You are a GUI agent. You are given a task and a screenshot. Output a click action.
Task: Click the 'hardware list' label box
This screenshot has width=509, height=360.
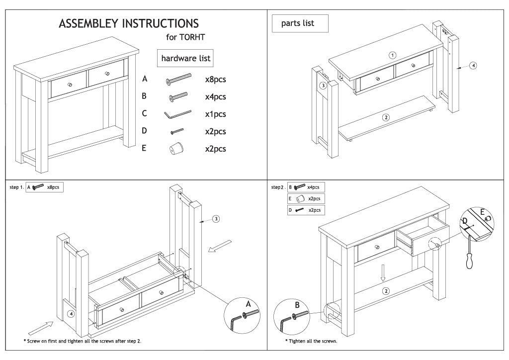click(185, 58)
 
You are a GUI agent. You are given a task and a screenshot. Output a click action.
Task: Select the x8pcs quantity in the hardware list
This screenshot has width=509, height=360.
click(215, 79)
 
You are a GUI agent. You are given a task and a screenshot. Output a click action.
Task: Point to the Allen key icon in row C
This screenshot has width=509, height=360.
click(177, 114)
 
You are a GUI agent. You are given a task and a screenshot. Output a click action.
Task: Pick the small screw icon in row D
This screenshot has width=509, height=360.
click(177, 131)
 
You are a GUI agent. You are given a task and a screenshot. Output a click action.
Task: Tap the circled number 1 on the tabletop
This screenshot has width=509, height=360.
click(392, 55)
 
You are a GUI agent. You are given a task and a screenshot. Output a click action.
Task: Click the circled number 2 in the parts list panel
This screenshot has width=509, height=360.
click(385, 118)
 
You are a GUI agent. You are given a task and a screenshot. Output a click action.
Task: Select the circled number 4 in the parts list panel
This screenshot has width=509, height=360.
click(473, 66)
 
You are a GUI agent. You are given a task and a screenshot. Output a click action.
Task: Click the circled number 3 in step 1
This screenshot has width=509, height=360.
click(216, 219)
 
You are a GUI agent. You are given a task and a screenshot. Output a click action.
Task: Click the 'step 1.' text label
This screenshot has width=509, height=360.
click(16, 187)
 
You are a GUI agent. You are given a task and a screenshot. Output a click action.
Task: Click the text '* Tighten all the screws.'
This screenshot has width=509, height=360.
click(311, 341)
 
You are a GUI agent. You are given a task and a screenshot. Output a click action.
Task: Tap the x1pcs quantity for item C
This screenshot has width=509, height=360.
click(215, 114)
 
